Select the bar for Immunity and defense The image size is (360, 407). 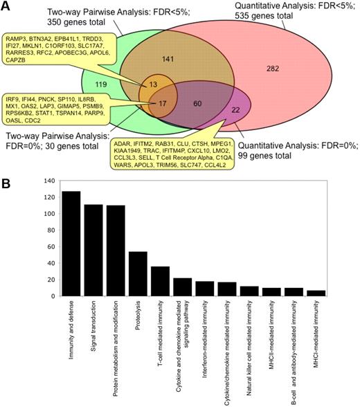pyautogui.click(x=71, y=243)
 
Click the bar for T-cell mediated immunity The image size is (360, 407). pyautogui.click(x=161, y=281)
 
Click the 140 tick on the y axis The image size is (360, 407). pyautogui.click(x=48, y=181)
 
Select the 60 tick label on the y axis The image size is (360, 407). pyautogui.click(x=49, y=246)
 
